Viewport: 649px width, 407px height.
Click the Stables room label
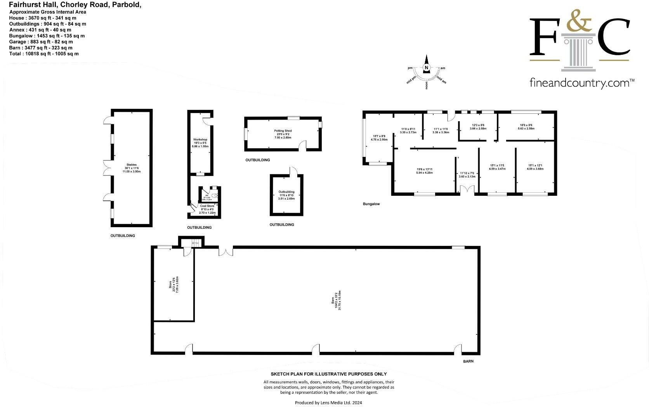tap(131, 165)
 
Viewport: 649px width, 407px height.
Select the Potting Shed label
tap(283, 131)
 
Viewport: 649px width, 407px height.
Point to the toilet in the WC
tap(215, 196)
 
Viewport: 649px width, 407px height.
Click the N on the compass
tap(427, 68)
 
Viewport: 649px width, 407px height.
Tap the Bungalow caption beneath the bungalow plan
tap(371, 204)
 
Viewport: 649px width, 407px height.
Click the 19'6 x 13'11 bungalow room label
tap(424, 171)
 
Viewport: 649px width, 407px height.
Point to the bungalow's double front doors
tap(467, 190)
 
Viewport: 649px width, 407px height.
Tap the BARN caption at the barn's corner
tap(468, 361)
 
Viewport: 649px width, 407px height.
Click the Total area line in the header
tap(44, 54)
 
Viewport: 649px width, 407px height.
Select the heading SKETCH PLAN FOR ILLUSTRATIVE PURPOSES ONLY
tap(328, 374)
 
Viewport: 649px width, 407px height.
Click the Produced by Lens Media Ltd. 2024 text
tap(328, 403)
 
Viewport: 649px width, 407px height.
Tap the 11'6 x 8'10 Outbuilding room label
tap(286, 195)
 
